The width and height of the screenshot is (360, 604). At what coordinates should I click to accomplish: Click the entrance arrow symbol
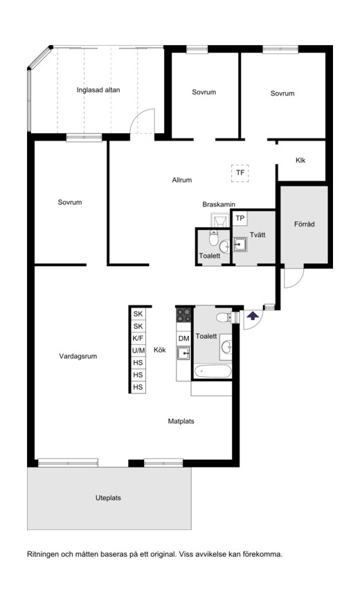click(x=253, y=316)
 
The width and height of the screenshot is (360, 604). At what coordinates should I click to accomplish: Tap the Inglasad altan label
click(x=98, y=90)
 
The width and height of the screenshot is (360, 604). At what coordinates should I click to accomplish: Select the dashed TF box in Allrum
click(x=240, y=173)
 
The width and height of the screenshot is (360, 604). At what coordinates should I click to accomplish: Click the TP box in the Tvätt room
click(x=240, y=218)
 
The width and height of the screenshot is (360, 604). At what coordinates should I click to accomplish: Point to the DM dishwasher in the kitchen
click(x=184, y=339)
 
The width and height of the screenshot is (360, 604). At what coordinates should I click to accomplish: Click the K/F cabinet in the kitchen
click(x=138, y=339)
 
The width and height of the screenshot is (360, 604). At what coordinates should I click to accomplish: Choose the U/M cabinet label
click(x=138, y=350)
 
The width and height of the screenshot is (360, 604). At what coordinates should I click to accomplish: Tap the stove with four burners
click(x=184, y=314)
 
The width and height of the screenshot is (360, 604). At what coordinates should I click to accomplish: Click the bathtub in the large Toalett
click(x=213, y=372)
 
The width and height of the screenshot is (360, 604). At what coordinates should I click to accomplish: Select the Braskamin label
click(x=219, y=204)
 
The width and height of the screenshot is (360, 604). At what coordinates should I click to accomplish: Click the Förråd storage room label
click(x=304, y=224)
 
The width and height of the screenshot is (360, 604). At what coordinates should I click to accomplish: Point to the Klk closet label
click(x=300, y=160)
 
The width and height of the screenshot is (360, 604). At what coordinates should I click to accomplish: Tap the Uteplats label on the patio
click(x=108, y=498)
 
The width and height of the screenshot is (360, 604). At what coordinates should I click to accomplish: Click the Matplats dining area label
click(x=181, y=421)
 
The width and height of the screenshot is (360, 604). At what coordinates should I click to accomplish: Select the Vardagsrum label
click(x=78, y=356)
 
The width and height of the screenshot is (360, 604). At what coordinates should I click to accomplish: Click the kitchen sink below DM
click(x=183, y=353)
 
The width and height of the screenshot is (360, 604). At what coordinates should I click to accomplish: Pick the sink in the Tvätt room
click(x=240, y=245)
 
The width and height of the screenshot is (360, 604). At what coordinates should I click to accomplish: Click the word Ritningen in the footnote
click(x=43, y=555)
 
